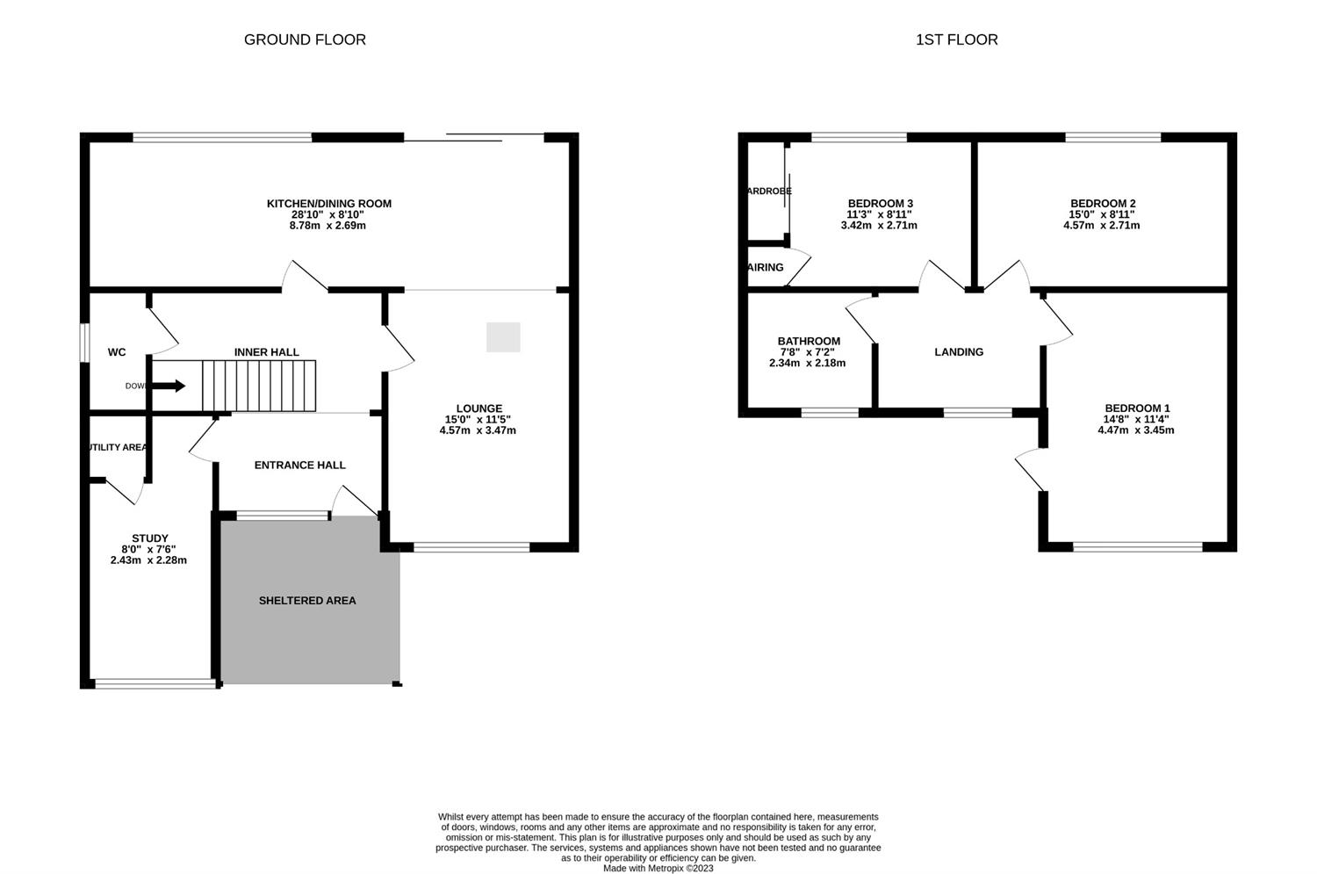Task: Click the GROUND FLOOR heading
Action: point(305,40)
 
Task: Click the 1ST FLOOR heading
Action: point(956,40)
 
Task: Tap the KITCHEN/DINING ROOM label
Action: point(329,204)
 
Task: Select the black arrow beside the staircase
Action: point(169,386)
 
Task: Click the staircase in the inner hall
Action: point(258,386)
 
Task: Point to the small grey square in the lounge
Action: point(503,337)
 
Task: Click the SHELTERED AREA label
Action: point(307,601)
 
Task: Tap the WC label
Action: point(117,352)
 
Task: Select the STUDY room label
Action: point(150,538)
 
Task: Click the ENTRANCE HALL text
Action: point(299,465)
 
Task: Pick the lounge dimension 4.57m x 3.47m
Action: point(478,430)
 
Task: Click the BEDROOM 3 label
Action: point(880,204)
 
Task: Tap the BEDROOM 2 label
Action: point(1102,204)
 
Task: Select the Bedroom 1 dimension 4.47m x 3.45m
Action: point(1135,430)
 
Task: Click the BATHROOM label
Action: point(809,341)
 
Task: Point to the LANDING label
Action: point(959,352)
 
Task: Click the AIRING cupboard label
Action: point(765,267)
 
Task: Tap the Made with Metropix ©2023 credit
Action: point(658,869)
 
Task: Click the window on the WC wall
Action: point(85,343)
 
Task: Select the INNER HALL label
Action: point(266,352)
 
